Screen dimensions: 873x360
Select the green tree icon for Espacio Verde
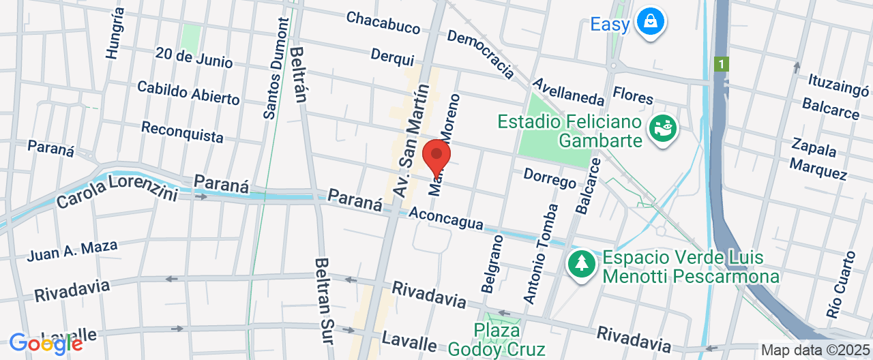(581, 264)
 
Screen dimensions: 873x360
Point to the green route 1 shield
(722, 63)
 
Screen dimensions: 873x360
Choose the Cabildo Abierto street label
(188, 93)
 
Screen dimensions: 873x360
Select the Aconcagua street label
(446, 219)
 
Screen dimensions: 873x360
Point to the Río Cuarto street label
(840, 285)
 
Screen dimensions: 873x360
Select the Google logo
(45, 344)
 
